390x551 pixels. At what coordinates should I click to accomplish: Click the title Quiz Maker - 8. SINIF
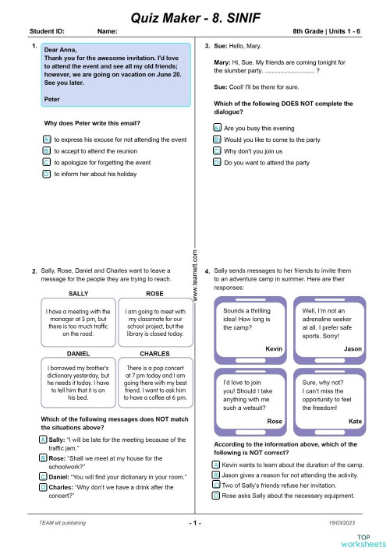tap(194, 15)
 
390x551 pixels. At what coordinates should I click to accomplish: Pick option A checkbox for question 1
tap(47, 139)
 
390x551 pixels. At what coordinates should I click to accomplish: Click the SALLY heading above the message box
tap(79, 293)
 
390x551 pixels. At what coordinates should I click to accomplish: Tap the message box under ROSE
tap(154, 322)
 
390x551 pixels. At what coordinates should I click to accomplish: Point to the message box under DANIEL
tap(78, 382)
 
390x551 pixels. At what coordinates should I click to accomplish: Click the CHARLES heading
tap(154, 353)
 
